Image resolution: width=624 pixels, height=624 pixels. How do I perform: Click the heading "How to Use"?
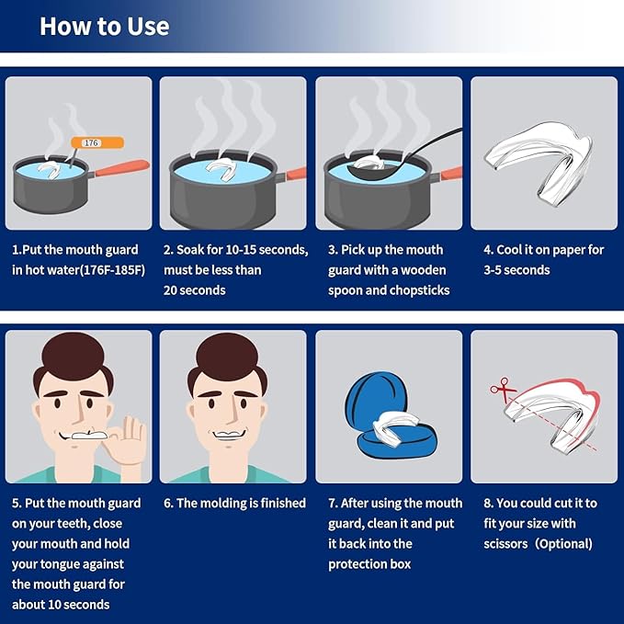105,27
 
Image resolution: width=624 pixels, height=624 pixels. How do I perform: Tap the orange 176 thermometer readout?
97,142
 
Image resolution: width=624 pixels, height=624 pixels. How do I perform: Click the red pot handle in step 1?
122,168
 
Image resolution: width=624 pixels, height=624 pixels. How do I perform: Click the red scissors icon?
503,389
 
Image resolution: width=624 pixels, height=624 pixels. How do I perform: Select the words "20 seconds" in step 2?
194,290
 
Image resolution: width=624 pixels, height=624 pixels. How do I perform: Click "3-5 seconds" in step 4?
516,270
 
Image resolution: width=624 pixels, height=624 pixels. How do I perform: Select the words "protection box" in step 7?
369,564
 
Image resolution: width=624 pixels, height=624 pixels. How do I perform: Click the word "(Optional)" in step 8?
563,544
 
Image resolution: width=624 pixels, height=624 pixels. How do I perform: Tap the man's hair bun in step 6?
228,357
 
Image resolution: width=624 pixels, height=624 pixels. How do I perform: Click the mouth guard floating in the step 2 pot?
220,169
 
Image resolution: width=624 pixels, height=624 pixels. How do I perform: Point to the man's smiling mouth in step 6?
229,435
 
